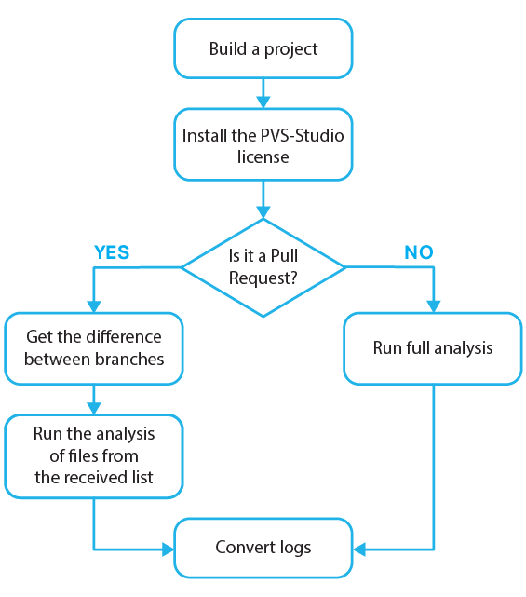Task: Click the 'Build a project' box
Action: click(x=263, y=48)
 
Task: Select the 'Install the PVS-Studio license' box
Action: click(x=263, y=145)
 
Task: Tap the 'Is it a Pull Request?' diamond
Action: click(x=263, y=267)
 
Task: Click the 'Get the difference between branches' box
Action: click(x=93, y=348)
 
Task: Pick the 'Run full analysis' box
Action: click(x=433, y=348)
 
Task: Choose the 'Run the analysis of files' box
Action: click(x=93, y=456)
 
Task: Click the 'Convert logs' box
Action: click(x=263, y=548)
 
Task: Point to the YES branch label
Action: click(x=112, y=253)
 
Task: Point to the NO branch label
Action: click(x=419, y=253)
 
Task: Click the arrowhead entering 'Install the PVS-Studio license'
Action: click(x=263, y=103)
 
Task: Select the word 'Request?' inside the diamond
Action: click(x=263, y=278)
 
